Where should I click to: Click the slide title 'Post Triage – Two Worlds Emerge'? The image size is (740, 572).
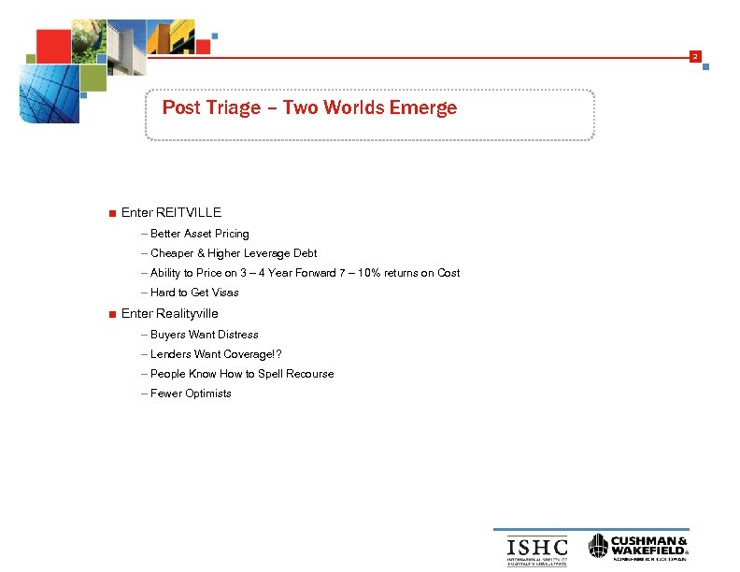click(x=309, y=107)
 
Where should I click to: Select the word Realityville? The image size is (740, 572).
click(x=187, y=313)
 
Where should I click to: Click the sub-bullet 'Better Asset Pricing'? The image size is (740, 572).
click(x=199, y=234)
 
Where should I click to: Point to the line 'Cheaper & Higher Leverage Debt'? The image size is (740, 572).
click(x=234, y=253)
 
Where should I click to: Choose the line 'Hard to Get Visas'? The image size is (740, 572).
click(x=194, y=293)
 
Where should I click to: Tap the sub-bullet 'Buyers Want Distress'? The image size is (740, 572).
click(x=204, y=335)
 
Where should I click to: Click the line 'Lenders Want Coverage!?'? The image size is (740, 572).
click(x=215, y=354)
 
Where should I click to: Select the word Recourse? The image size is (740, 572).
click(x=309, y=374)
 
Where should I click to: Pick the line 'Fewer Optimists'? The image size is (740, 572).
click(x=191, y=393)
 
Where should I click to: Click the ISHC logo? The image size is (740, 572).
click(x=536, y=548)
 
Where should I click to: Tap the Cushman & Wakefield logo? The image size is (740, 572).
click(x=639, y=548)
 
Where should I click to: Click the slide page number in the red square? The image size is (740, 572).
click(x=694, y=58)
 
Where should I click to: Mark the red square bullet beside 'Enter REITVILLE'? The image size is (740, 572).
click(x=112, y=213)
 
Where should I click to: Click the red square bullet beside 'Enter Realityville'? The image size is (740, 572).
click(x=112, y=314)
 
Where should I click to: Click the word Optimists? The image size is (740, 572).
click(x=208, y=393)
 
